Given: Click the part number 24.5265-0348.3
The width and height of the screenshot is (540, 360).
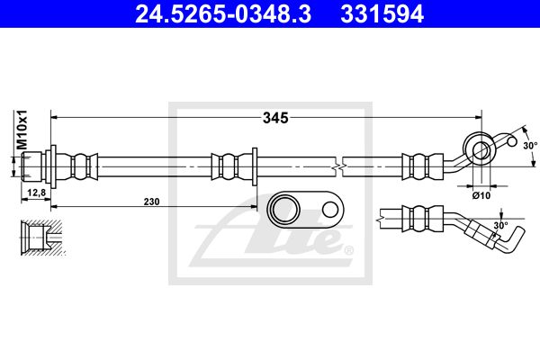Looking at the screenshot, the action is pyautogui.click(x=223, y=13).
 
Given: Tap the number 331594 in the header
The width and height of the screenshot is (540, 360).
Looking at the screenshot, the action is pyautogui.click(x=382, y=13).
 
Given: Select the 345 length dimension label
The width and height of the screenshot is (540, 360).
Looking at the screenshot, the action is pyautogui.click(x=275, y=118).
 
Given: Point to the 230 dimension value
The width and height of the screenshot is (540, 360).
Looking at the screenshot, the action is pyautogui.click(x=151, y=202).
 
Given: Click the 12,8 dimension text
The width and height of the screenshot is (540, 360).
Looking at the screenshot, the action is pyautogui.click(x=36, y=193).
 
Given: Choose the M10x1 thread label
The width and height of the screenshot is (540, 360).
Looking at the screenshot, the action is pyautogui.click(x=22, y=130).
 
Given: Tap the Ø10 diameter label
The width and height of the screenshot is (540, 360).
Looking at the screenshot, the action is pyautogui.click(x=481, y=195).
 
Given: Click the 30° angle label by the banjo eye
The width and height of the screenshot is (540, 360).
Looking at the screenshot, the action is pyautogui.click(x=530, y=146).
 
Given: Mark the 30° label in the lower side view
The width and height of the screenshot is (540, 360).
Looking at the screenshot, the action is pyautogui.click(x=500, y=226).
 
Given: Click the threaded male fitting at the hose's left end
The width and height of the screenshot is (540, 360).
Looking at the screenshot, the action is pyautogui.click(x=31, y=166).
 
